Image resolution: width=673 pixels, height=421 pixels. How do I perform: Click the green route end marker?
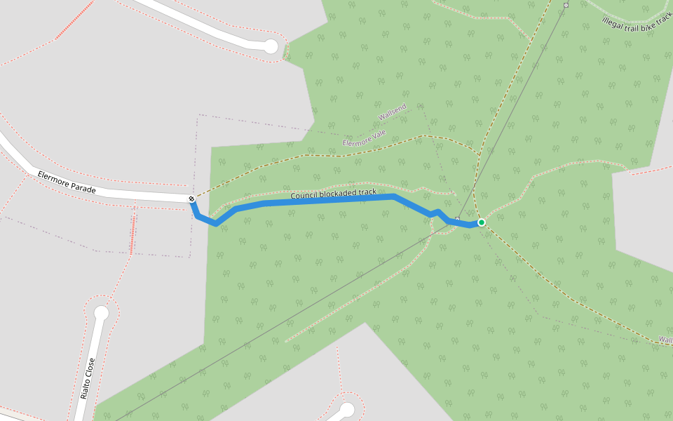pos(481,222)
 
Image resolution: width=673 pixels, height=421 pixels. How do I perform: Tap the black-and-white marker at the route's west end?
pos(191,199)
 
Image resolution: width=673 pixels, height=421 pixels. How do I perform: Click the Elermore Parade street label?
pos(67,182)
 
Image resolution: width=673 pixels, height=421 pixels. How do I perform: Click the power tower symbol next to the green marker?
pos(457,219)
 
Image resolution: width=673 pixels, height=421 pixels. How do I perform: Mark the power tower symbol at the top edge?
pos(566,5)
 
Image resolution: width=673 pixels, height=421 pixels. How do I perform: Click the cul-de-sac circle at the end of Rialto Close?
pos(102,312)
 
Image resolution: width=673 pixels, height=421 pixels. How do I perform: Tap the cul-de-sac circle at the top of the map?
pos(271,47)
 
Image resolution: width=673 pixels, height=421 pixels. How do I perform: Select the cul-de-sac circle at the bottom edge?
pos(346,409)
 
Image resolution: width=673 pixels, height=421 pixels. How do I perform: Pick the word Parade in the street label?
pos(81,186)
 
